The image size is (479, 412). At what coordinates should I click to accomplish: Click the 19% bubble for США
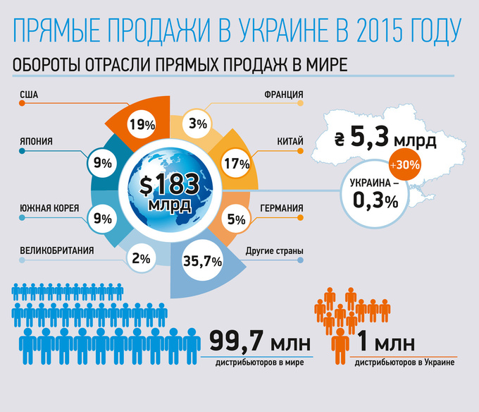pyautogui.click(x=142, y=125)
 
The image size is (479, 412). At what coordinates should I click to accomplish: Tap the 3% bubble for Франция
pyautogui.click(x=198, y=124)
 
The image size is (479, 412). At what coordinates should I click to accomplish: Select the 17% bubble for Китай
pyautogui.click(x=236, y=164)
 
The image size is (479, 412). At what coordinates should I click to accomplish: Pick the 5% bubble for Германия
pyautogui.click(x=236, y=219)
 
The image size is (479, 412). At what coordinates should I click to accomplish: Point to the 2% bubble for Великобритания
pyautogui.click(x=141, y=259)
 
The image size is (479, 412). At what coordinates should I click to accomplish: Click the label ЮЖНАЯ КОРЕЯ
pyautogui.click(x=49, y=208)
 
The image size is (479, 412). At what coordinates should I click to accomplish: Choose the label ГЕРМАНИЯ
pyautogui.click(x=282, y=208)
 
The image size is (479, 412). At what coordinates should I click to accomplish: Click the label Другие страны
pyautogui.click(x=275, y=251)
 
